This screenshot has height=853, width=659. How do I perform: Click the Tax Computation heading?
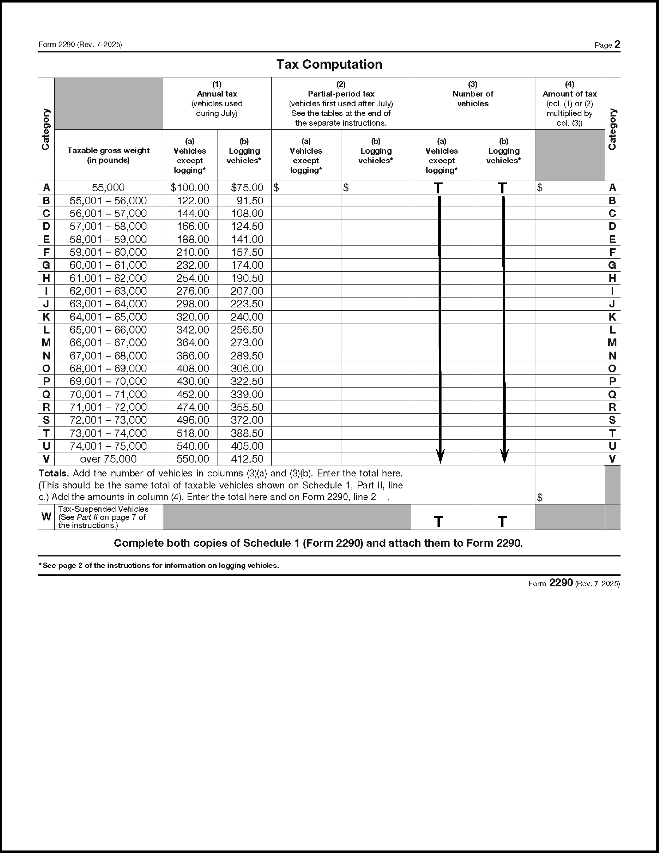(329, 64)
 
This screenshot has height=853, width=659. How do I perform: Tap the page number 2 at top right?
(617, 44)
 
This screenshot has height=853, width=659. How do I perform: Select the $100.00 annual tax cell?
(190, 188)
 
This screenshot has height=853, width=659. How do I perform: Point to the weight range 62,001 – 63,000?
(108, 291)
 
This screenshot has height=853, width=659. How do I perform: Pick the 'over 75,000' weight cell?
(108, 459)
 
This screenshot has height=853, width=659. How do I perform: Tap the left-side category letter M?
(46, 342)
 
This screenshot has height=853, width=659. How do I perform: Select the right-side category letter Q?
(612, 394)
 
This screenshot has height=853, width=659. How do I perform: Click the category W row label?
(46, 517)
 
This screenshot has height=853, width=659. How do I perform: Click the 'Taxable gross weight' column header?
(108, 156)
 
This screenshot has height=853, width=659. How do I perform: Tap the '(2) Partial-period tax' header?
(341, 94)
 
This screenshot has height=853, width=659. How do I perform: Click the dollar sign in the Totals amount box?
(540, 498)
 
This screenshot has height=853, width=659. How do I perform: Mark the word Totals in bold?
(54, 473)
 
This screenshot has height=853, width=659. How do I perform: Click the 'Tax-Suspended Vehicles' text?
(103, 509)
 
